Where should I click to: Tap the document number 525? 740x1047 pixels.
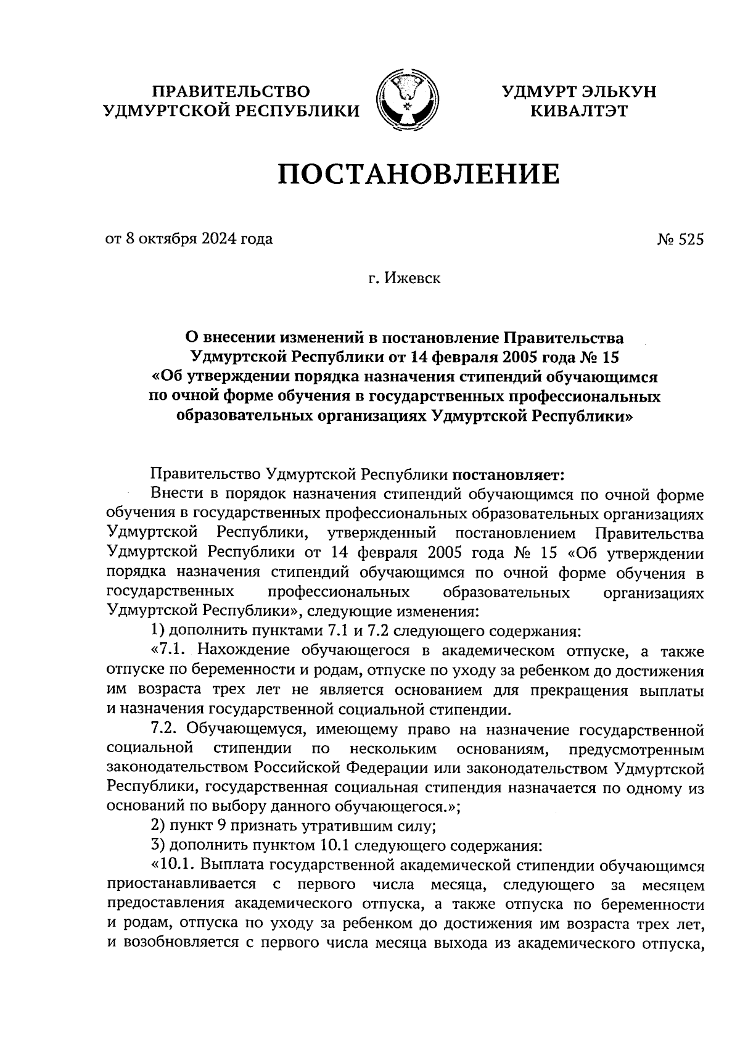[690, 240]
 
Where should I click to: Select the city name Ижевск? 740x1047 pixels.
[413, 279]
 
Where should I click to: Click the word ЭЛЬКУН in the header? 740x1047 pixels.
[617, 91]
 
